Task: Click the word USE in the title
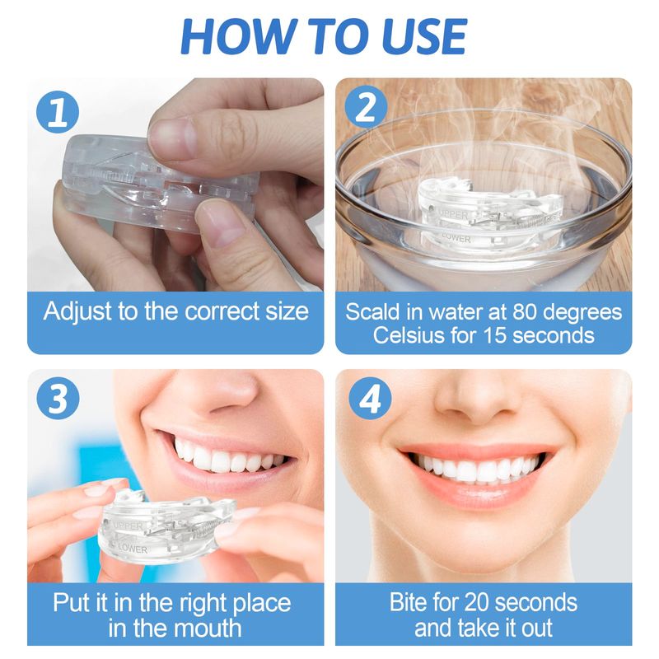[425, 36]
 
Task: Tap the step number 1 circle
[58, 112]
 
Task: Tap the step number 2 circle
[366, 107]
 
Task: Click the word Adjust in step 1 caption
[78, 312]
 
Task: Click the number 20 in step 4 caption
[470, 602]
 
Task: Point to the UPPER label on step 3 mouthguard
[128, 526]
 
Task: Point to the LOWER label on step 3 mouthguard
[133, 549]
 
